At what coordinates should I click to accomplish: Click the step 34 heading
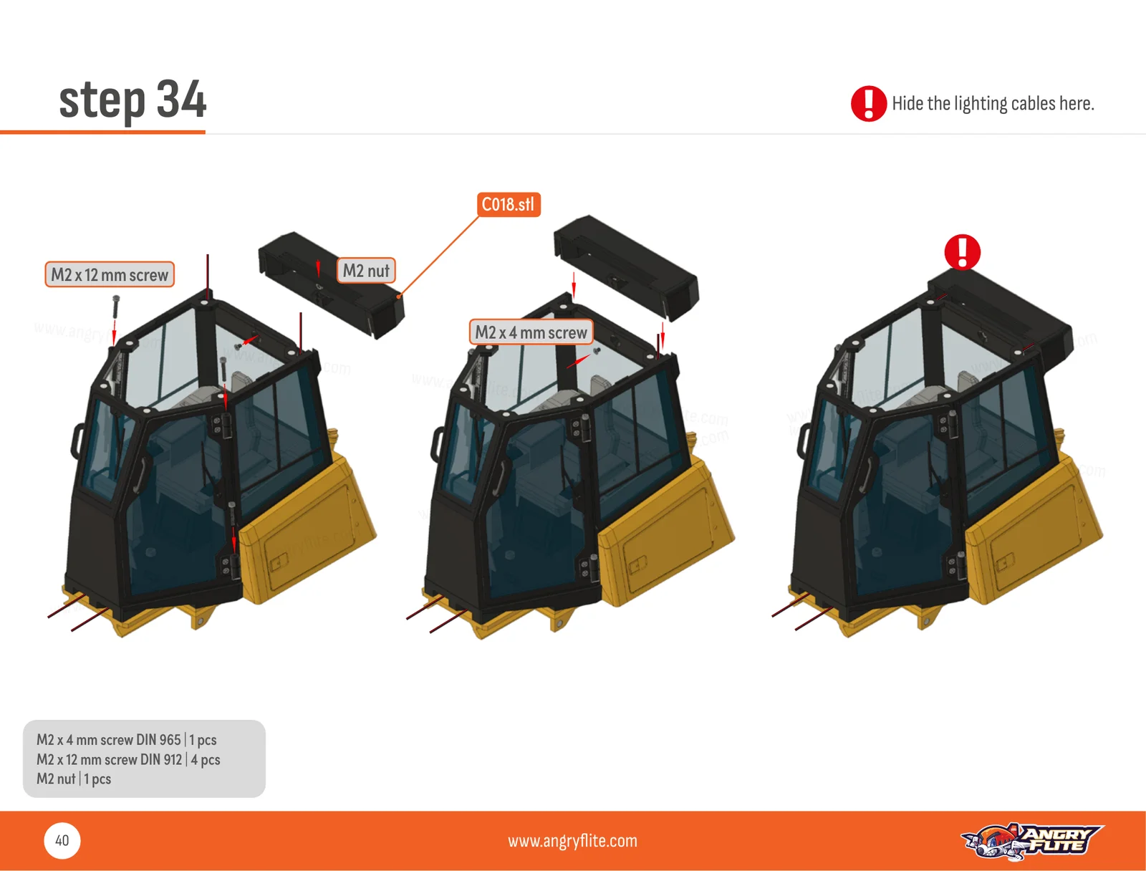coord(133,100)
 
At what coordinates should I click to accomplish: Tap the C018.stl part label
coord(509,204)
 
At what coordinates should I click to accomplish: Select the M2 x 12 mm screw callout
coord(110,274)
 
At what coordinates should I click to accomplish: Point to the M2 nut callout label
coord(366,270)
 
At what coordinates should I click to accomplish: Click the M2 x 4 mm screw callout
coord(531,332)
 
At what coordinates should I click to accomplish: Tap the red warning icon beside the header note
coord(868,103)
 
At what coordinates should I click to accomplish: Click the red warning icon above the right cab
coord(962,252)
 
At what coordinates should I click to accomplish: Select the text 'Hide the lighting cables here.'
coord(993,103)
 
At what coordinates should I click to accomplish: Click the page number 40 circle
coord(62,840)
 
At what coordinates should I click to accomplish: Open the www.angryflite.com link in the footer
coord(572,841)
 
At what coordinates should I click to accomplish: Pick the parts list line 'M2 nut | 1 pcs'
coord(74,779)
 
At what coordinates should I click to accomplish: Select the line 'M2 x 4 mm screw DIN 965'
coord(109,740)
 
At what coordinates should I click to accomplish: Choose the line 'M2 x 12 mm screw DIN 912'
coord(109,759)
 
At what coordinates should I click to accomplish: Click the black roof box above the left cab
coord(331,284)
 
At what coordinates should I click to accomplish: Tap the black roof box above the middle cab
coord(626,268)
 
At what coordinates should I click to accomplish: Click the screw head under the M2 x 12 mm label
coord(116,299)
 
